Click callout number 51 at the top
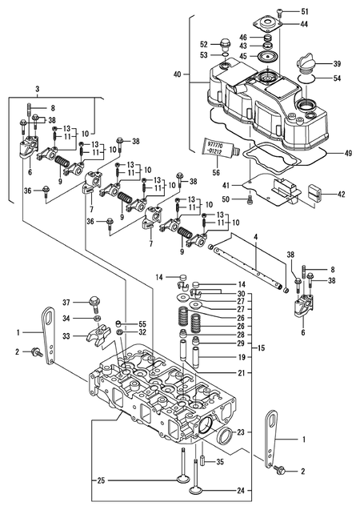click(x=305, y=12)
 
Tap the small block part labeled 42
click(x=312, y=193)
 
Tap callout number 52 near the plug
click(x=203, y=44)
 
